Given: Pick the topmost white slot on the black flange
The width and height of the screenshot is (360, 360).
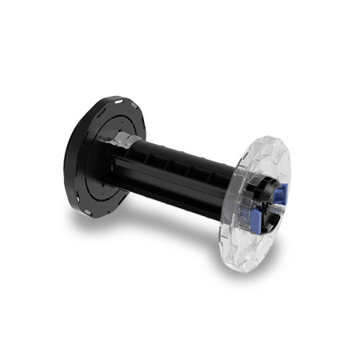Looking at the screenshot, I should pyautogui.click(x=114, y=101).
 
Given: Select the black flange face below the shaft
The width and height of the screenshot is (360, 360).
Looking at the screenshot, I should pyautogui.click(x=96, y=192).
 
